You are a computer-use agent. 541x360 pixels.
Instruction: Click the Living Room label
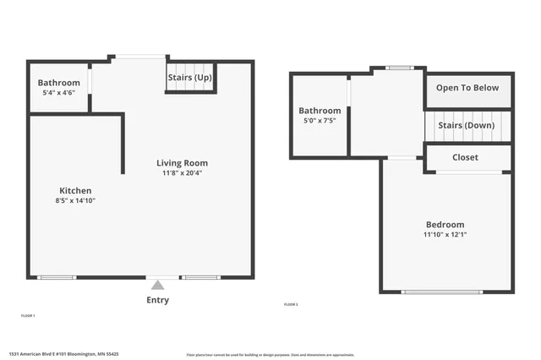click(182, 163)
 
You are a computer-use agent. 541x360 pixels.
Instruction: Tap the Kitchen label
click(74, 191)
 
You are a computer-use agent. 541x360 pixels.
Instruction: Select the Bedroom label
click(445, 224)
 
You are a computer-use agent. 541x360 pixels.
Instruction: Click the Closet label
click(465, 158)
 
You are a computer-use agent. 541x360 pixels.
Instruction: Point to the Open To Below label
click(467, 88)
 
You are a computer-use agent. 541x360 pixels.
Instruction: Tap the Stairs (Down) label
click(466, 126)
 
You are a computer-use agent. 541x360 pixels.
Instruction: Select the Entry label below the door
click(158, 300)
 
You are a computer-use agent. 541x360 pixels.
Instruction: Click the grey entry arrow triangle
click(158, 285)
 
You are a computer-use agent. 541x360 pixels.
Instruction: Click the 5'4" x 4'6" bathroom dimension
click(58, 92)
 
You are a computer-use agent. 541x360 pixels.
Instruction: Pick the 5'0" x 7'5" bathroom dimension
click(320, 120)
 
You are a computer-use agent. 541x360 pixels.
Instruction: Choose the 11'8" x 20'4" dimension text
click(182, 173)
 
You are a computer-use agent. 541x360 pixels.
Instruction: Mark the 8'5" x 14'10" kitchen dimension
click(75, 201)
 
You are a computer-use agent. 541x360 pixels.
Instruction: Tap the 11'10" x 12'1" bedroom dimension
click(445, 234)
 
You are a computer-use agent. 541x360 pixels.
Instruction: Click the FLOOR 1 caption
click(28, 315)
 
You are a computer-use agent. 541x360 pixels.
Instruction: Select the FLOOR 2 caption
click(291, 304)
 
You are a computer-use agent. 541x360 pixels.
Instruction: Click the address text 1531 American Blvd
click(63, 354)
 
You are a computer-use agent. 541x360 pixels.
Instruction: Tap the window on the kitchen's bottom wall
click(57, 277)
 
